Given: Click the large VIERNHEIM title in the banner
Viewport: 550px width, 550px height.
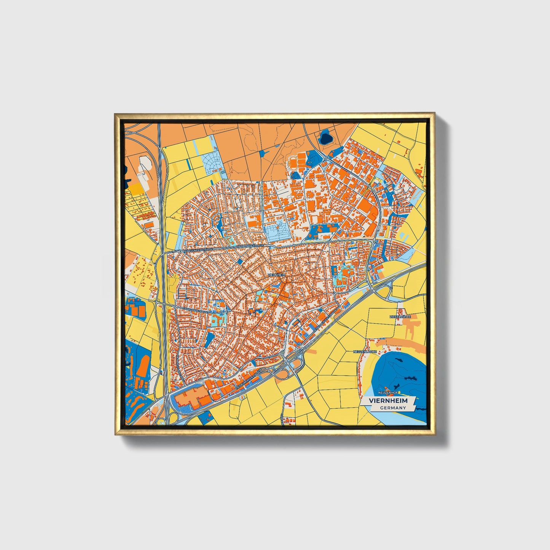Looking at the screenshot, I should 388,401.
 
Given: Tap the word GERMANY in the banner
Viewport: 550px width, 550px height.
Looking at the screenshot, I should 393,408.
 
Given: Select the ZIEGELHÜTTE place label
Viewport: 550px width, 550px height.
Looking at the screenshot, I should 400,317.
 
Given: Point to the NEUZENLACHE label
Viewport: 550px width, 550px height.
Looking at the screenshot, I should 365,352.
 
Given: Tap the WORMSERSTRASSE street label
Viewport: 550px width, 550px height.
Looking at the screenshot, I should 249,246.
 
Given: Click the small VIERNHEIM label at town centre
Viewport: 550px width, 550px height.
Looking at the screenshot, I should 277,274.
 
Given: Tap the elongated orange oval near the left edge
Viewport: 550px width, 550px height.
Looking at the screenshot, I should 143,365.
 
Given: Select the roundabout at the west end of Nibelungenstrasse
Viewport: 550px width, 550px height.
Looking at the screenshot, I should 180,252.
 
